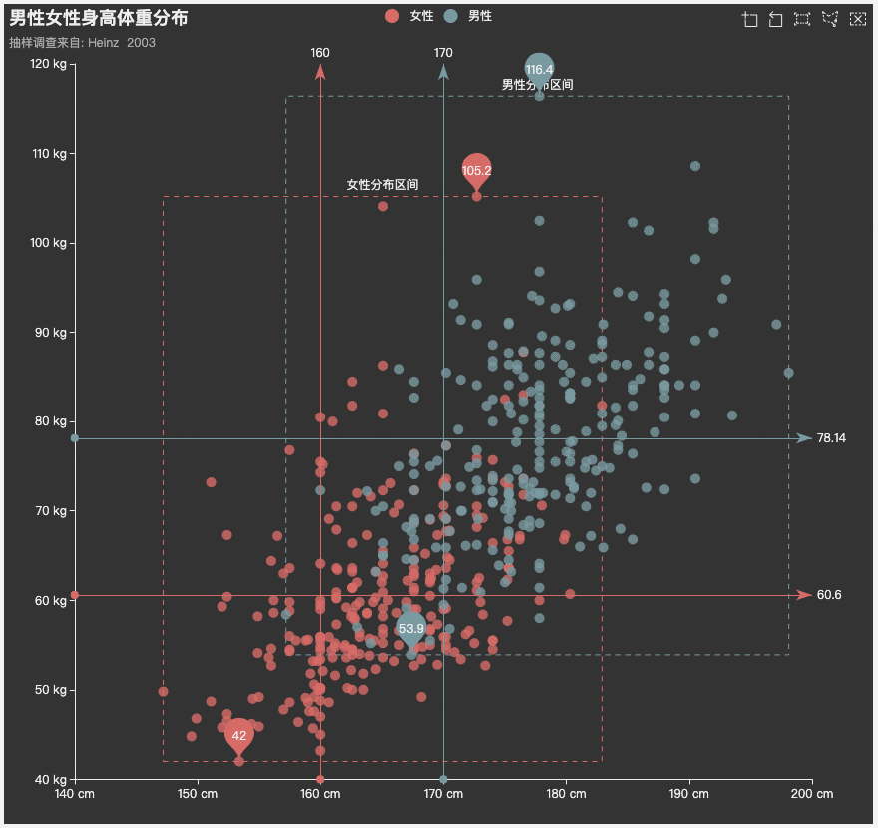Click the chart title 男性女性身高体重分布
99,18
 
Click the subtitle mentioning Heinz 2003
82,43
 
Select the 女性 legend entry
409,16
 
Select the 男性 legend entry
468,16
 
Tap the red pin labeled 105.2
477,171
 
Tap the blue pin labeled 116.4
539,70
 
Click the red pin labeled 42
239,735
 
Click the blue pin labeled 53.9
411,629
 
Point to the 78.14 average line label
831,438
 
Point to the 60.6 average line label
829,595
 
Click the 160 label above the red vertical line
320,53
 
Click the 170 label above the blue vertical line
443,53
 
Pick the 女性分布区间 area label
382,185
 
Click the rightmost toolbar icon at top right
858,19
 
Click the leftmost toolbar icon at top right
749,19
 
